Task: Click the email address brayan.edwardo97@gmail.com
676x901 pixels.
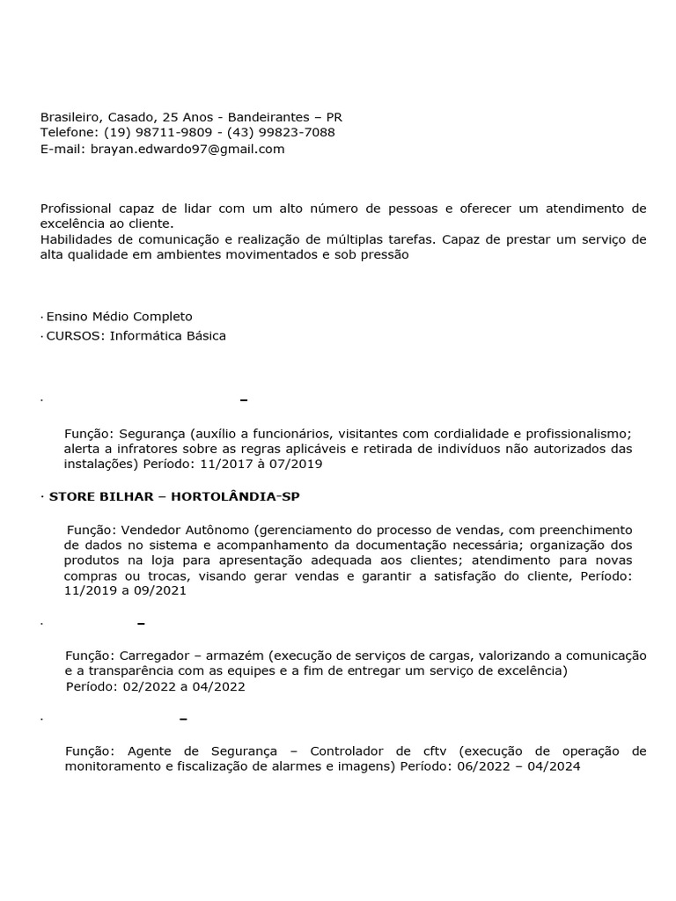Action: (x=187, y=149)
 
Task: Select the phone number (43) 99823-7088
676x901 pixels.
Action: (x=281, y=132)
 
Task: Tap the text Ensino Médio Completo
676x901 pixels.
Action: (x=119, y=316)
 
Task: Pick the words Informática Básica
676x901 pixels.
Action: (x=168, y=335)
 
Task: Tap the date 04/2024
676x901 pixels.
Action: (x=554, y=766)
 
